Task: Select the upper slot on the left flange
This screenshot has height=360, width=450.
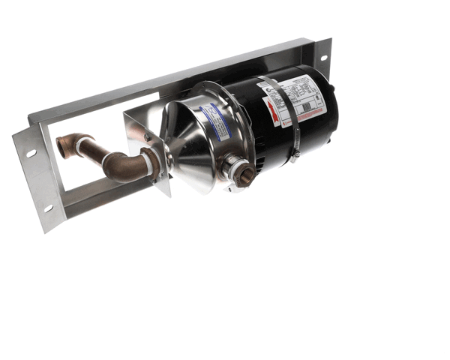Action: click(31, 154)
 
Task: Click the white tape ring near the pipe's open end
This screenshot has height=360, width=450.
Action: click(81, 147)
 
